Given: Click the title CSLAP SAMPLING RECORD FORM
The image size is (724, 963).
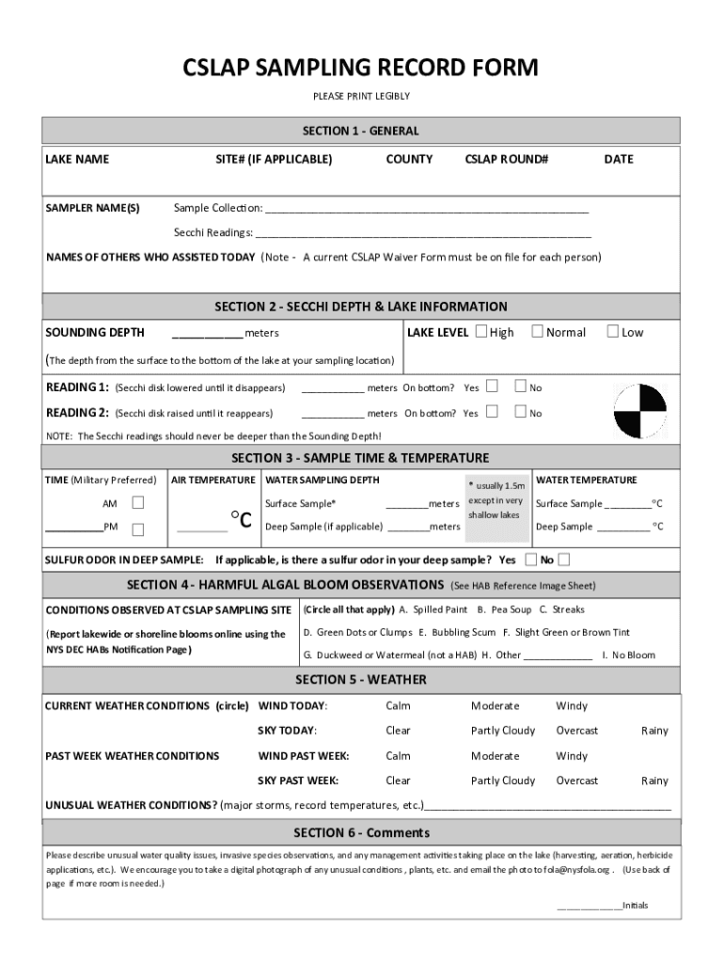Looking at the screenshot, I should tap(361, 68).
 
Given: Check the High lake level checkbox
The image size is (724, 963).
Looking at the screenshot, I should tap(481, 331).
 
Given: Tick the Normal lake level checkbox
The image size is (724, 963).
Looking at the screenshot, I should tap(537, 331).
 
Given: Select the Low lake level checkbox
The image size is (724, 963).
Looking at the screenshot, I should tap(613, 331).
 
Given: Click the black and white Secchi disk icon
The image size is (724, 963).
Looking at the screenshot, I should tap(639, 412).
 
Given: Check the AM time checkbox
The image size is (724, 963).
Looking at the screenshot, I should tap(138, 503).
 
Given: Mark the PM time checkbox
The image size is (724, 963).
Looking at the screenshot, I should tap(138, 529).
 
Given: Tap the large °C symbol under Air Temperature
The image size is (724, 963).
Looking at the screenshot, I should tap(241, 519).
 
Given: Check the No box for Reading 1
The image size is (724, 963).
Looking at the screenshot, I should tap(519, 387).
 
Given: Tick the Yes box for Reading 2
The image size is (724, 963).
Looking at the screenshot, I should tap(491, 412).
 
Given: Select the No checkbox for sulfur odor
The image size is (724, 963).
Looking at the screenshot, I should tap(563, 560).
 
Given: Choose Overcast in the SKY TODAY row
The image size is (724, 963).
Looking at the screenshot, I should tap(576, 731).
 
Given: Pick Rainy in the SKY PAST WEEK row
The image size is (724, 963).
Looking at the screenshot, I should tap(654, 781).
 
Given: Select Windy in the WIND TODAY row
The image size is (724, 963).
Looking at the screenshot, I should tap(572, 705).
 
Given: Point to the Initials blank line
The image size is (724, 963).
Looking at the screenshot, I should tap(590, 908).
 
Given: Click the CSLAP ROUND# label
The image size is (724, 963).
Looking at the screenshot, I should tap(506, 159).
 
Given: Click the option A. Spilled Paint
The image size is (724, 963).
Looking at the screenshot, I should tap(433, 609).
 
